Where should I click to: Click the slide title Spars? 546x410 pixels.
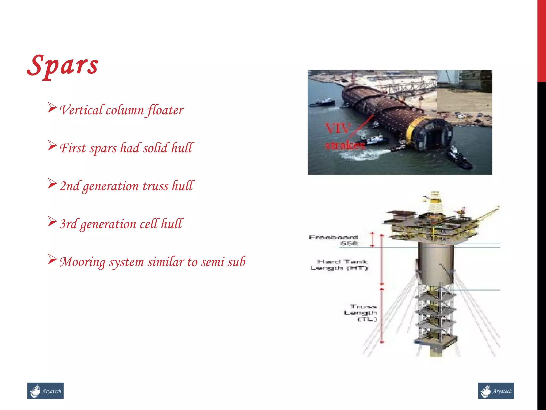tap(63, 65)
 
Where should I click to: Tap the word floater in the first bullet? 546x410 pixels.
tap(165, 110)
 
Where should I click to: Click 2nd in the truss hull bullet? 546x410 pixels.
tap(69, 186)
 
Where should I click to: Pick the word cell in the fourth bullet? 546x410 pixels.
tap(148, 224)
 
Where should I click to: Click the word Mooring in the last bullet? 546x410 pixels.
tap(82, 262)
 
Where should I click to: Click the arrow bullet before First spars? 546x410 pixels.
tap(52, 145)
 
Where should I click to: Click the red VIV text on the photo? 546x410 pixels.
tap(337, 129)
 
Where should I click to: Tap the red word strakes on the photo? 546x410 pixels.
tap(345, 145)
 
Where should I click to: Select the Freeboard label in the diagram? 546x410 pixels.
tap(333, 237)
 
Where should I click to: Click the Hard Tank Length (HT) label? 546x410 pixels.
tap(339, 265)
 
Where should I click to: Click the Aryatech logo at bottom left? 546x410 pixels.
tap(45, 391)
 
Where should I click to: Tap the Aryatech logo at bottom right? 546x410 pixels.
tap(496, 391)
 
